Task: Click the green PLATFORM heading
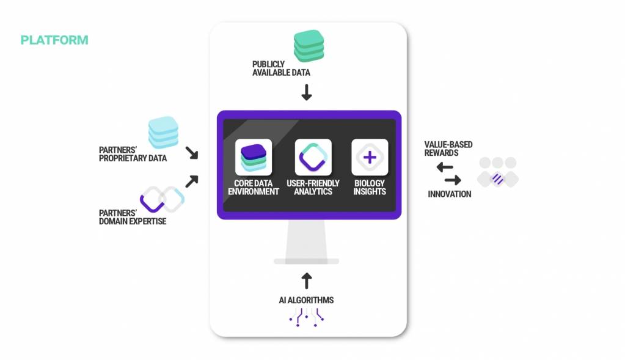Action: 54,40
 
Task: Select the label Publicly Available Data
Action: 281,68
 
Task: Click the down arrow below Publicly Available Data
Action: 307,92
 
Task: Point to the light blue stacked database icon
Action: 163,132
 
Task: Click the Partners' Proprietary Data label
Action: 133,154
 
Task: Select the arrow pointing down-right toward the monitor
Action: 192,152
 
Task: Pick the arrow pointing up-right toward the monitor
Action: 192,181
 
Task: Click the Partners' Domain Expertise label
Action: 133,217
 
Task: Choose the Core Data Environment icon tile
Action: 254,157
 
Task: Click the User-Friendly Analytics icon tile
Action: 313,157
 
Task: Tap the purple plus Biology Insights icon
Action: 370,157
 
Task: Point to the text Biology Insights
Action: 370,187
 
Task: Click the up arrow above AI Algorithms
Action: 307,280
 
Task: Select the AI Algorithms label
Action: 306,300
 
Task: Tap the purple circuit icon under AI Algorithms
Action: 306,316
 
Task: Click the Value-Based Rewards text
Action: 448,149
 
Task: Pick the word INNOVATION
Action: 450,194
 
